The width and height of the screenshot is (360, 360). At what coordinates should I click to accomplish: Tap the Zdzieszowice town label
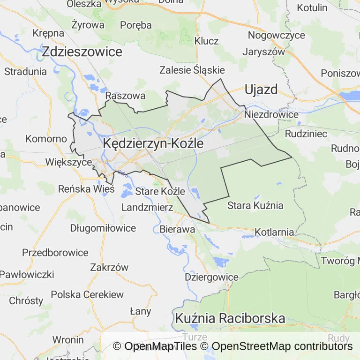[x=82, y=52]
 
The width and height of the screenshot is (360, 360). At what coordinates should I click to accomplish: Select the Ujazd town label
[x=261, y=89]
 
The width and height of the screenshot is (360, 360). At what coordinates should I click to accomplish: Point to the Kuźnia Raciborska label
[x=230, y=318]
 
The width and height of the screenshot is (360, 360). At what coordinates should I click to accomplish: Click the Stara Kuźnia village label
[x=255, y=205]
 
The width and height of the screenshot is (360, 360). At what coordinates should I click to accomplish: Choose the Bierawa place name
[x=177, y=230]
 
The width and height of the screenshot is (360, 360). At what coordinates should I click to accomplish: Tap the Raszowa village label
[x=125, y=96]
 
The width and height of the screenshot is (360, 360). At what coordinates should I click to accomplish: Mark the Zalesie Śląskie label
[x=192, y=70]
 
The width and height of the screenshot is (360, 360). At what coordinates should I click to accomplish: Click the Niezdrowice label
[x=271, y=114]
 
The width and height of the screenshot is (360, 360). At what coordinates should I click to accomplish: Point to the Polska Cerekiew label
[x=87, y=294]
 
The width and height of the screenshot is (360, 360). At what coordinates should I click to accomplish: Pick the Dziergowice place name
[x=211, y=277]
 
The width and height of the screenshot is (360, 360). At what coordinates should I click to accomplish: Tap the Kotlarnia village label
[x=274, y=232]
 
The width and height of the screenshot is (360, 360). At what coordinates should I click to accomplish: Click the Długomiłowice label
[x=103, y=228]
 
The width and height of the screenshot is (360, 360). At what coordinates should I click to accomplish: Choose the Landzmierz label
[x=147, y=207]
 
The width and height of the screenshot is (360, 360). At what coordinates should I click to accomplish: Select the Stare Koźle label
[x=160, y=192]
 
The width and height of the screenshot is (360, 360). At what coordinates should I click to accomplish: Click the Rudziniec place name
[x=306, y=134]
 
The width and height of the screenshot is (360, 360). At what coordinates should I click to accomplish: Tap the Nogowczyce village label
[x=276, y=35]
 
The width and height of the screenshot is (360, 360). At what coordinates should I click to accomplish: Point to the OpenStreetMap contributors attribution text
[x=282, y=346]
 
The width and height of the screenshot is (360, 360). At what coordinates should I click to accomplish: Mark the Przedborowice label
[x=55, y=253]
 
